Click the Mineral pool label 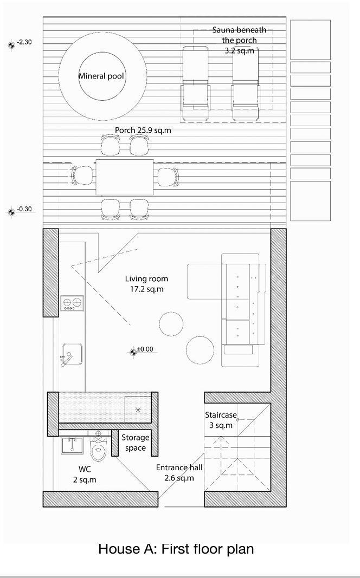pos(101,76)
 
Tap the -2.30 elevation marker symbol pos(11,45)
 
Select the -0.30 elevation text pos(24,209)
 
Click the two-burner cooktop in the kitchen pos(72,303)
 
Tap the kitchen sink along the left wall pos(72,354)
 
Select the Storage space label pos(136,443)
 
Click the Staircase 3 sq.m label pos(221,420)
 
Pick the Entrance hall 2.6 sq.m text pos(179,472)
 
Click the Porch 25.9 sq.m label pos(143,130)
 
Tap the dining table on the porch pos(125,177)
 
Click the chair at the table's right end pos(168,177)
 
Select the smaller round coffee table pos(171,324)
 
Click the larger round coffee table pos(200,350)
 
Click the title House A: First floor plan pos(176,549)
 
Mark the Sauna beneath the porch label pos(240,40)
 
